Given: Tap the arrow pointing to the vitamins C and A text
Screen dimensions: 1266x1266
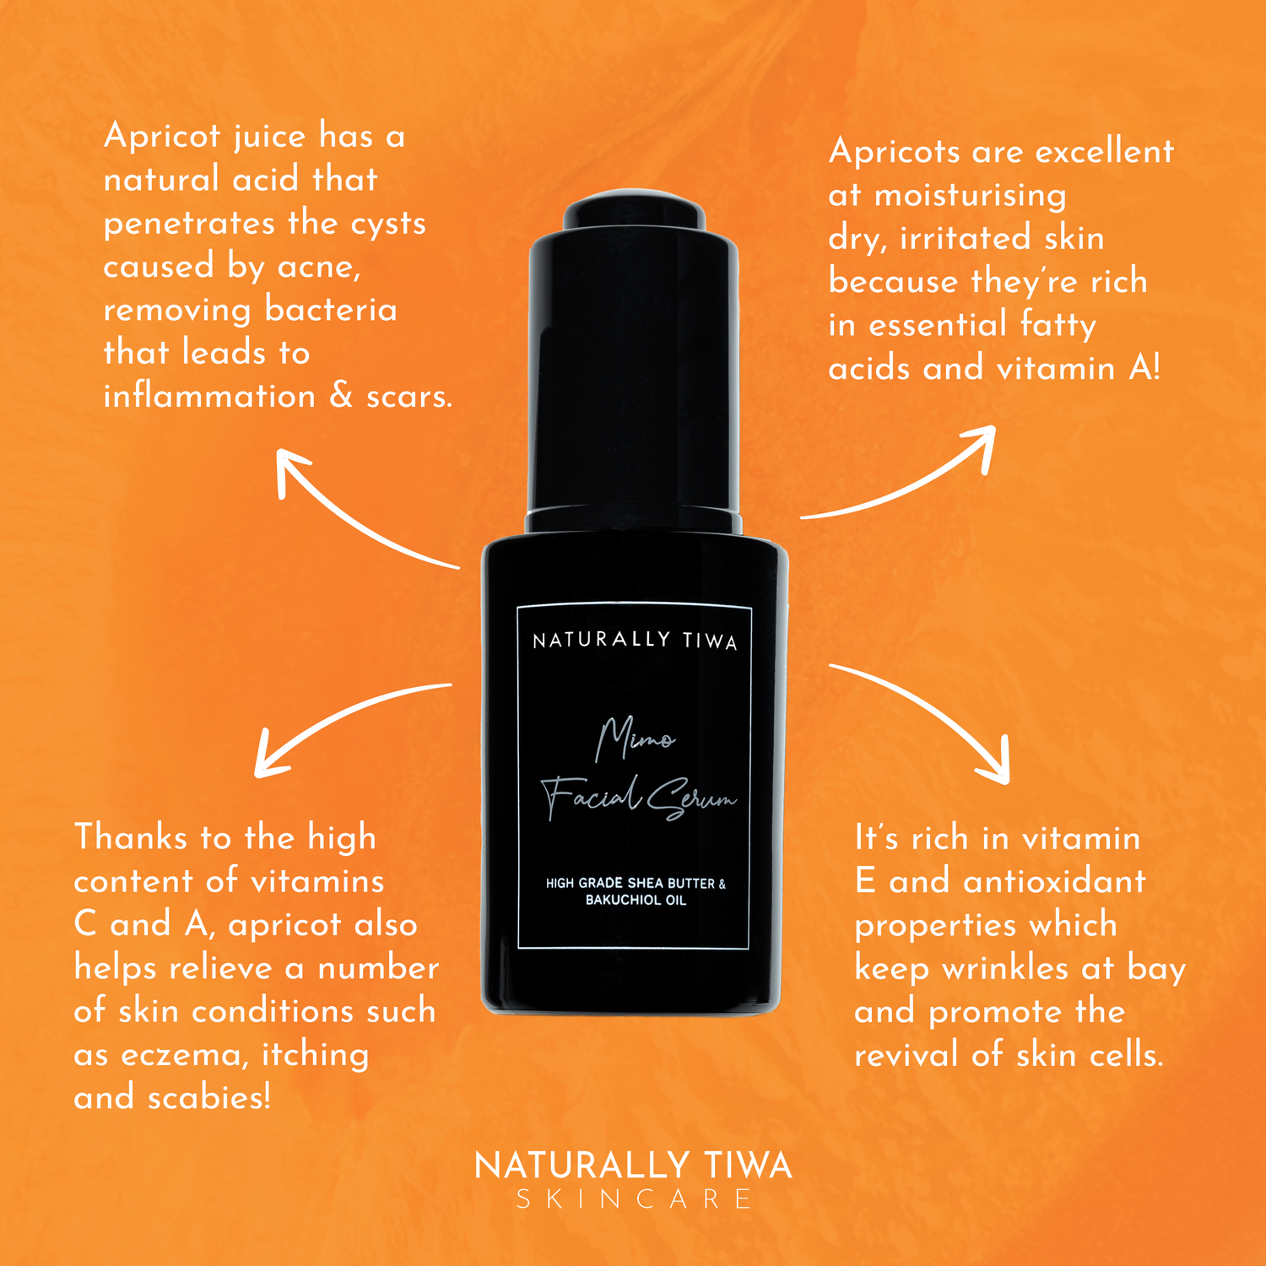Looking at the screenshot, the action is point(338,714).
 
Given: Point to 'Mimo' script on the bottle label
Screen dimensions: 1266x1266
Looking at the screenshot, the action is point(635,738).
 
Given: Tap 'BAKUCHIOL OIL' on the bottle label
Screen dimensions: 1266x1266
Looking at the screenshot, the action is point(636,901).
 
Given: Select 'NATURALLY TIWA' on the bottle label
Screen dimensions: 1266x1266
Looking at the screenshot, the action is point(635,641).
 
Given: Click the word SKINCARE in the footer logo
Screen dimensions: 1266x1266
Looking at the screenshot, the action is point(633,1199).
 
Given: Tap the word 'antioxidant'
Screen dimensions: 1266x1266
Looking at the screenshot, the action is point(1055,881).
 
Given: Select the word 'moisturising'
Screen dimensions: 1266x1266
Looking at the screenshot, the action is point(971,196).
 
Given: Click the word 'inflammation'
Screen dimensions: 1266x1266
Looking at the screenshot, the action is point(209,395).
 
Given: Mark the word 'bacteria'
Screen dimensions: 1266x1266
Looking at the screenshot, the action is point(330,309).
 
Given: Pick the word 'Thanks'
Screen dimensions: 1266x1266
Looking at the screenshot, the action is point(131,836).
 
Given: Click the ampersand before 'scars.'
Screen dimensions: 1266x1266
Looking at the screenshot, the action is point(341,395).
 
